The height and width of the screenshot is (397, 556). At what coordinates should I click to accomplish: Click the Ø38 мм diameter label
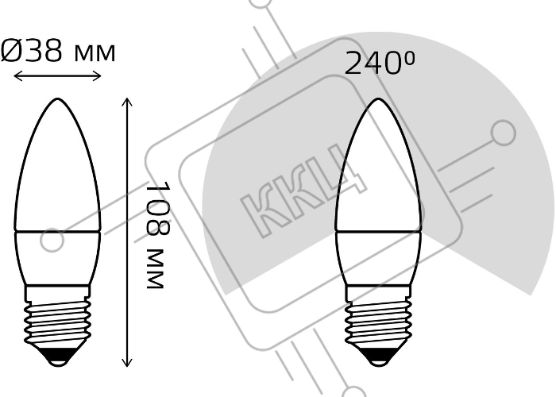coord(58,51)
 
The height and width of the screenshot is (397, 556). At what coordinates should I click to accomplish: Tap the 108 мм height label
coord(158,235)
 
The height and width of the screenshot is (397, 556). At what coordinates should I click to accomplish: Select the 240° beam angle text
coord(380,63)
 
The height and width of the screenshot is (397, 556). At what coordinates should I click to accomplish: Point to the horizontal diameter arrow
coord(57,75)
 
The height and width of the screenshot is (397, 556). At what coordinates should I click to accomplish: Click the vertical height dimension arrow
coord(127,232)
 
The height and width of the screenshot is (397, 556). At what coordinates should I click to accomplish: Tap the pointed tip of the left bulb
coord(57,99)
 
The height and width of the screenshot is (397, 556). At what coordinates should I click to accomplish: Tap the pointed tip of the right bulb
coord(378,99)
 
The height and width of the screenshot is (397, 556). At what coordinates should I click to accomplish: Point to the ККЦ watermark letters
coord(304,191)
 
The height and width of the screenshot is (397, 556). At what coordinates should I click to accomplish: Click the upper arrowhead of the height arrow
coord(127,101)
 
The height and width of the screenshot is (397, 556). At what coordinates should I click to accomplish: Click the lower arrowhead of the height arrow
coord(127,363)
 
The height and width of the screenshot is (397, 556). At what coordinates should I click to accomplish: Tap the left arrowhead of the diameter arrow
coord(17,75)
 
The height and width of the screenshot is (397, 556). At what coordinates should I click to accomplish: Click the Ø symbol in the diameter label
coord(11,51)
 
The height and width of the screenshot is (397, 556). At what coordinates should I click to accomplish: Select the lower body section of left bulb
coord(57,258)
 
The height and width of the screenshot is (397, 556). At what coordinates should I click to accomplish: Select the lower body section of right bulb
coord(378,258)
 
